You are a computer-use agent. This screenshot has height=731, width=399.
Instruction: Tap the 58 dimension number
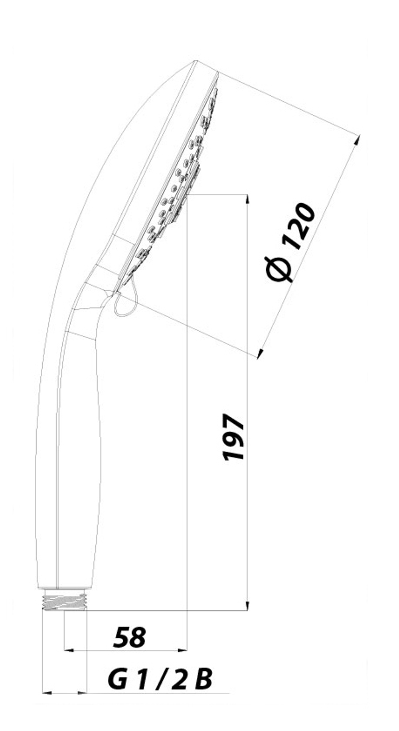[x=130, y=637]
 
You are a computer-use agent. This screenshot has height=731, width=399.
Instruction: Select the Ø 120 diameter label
[x=290, y=242]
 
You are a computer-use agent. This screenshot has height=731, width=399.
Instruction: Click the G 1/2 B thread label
[x=160, y=679]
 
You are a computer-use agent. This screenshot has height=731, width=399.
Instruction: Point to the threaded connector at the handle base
[x=65, y=601]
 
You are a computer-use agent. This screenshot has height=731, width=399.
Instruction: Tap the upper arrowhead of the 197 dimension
[x=247, y=199]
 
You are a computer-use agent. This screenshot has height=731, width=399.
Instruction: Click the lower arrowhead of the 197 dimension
[x=247, y=605]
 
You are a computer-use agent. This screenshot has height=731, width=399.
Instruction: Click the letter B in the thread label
[x=203, y=679]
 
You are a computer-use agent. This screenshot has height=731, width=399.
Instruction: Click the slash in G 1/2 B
[x=161, y=679]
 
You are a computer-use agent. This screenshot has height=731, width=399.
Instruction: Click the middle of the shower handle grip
[x=78, y=458]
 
